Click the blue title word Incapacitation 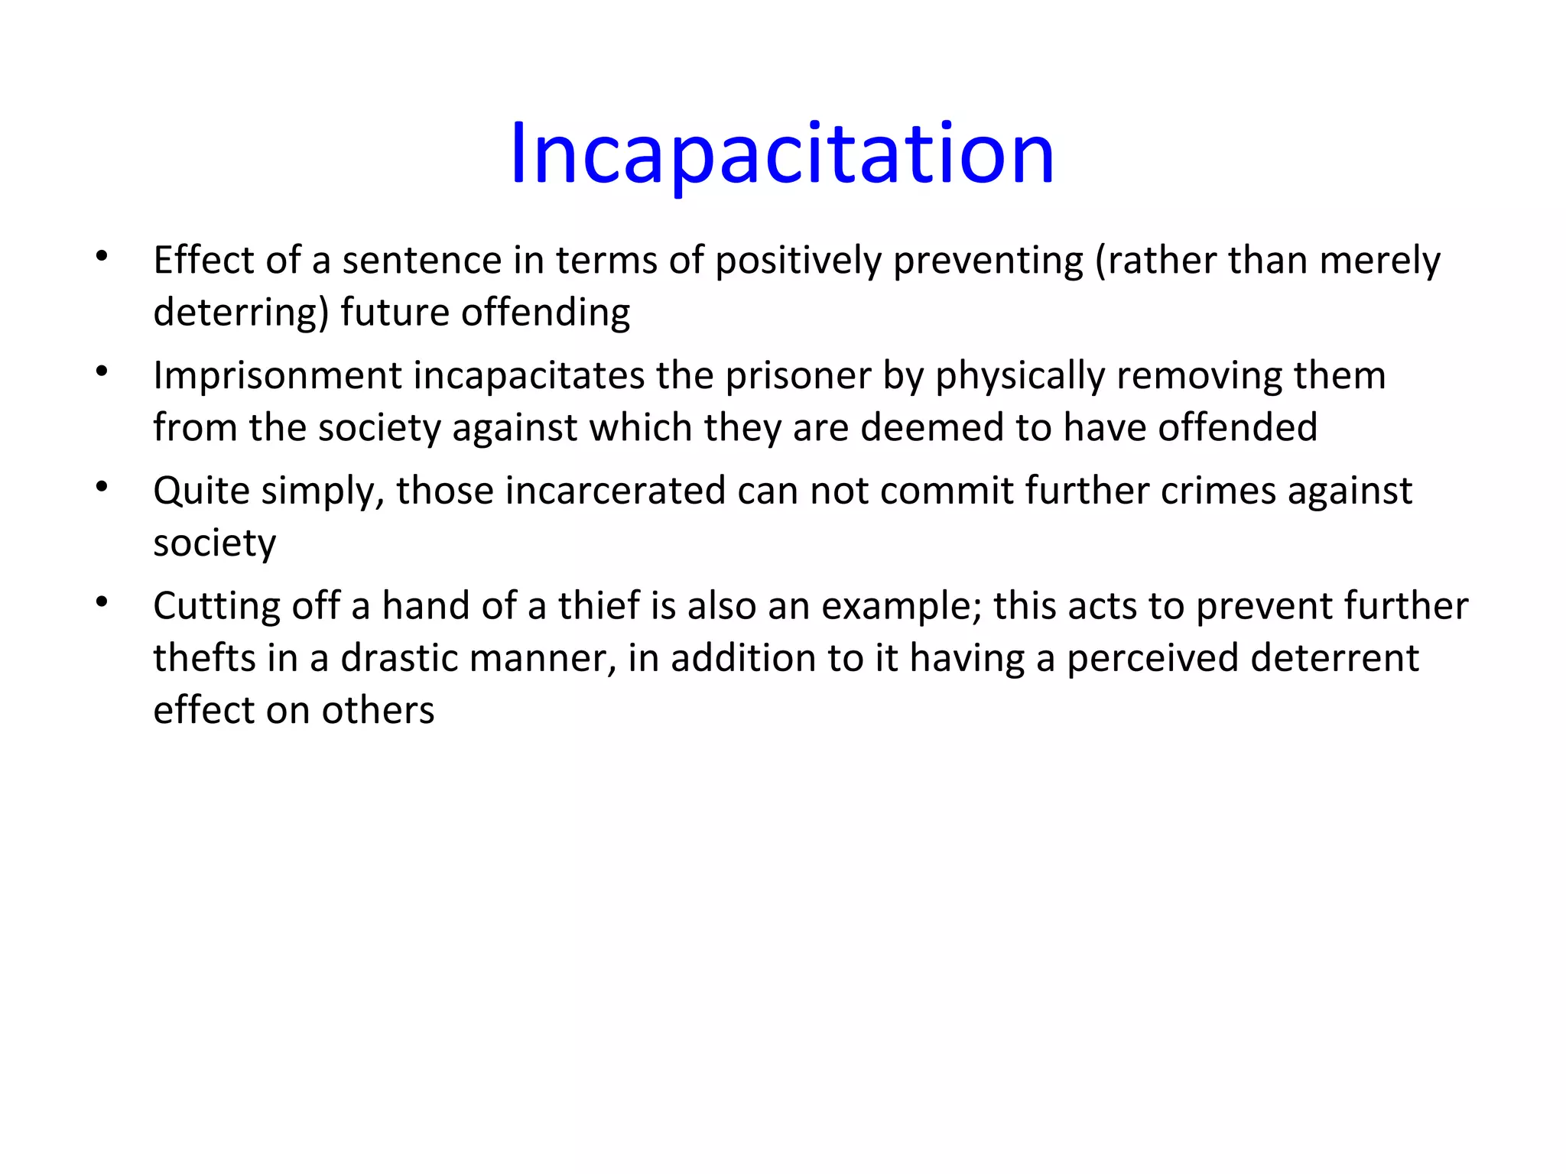[x=781, y=154]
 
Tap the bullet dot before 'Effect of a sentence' [x=102, y=256]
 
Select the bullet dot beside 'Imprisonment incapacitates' [x=102, y=371]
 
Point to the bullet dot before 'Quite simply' [x=102, y=486]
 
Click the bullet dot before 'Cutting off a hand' [x=102, y=602]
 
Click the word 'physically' [x=1020, y=376]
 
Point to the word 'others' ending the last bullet [x=378, y=710]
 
